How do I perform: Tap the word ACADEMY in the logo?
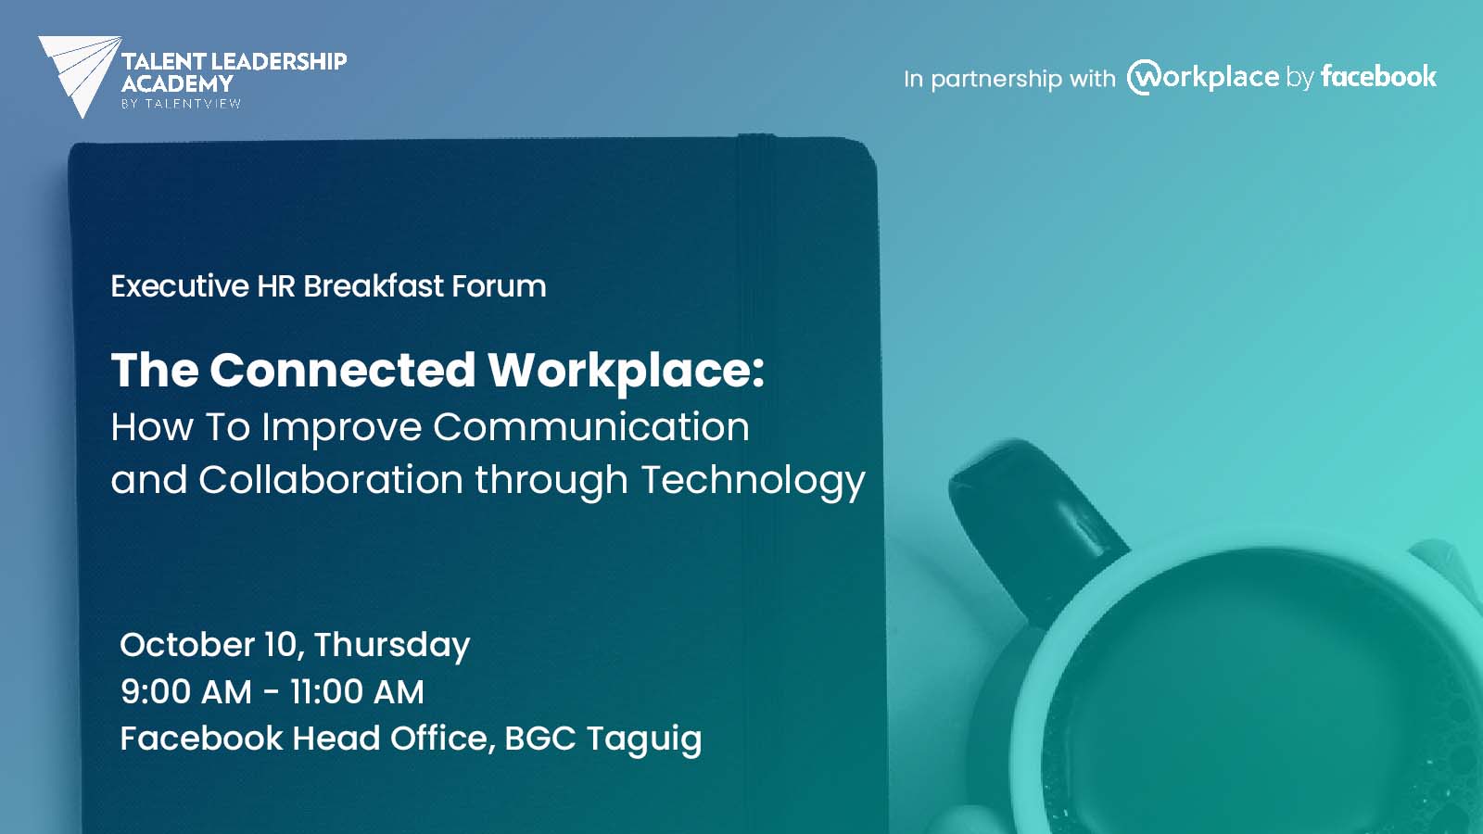pos(177,84)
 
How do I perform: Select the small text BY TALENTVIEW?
pos(181,103)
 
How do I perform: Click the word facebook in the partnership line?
pos(1378,77)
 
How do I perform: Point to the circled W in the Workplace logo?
pos(1144,78)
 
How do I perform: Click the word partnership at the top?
pos(996,80)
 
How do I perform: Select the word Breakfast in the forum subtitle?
pos(374,286)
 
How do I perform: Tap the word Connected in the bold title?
pos(342,370)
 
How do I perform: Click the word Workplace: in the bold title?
pos(626,372)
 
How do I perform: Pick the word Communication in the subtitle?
pos(591,426)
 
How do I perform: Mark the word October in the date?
pos(187,644)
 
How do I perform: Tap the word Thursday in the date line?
pos(392,646)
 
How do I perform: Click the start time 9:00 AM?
pos(186,691)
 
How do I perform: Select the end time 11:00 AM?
pos(357,691)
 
